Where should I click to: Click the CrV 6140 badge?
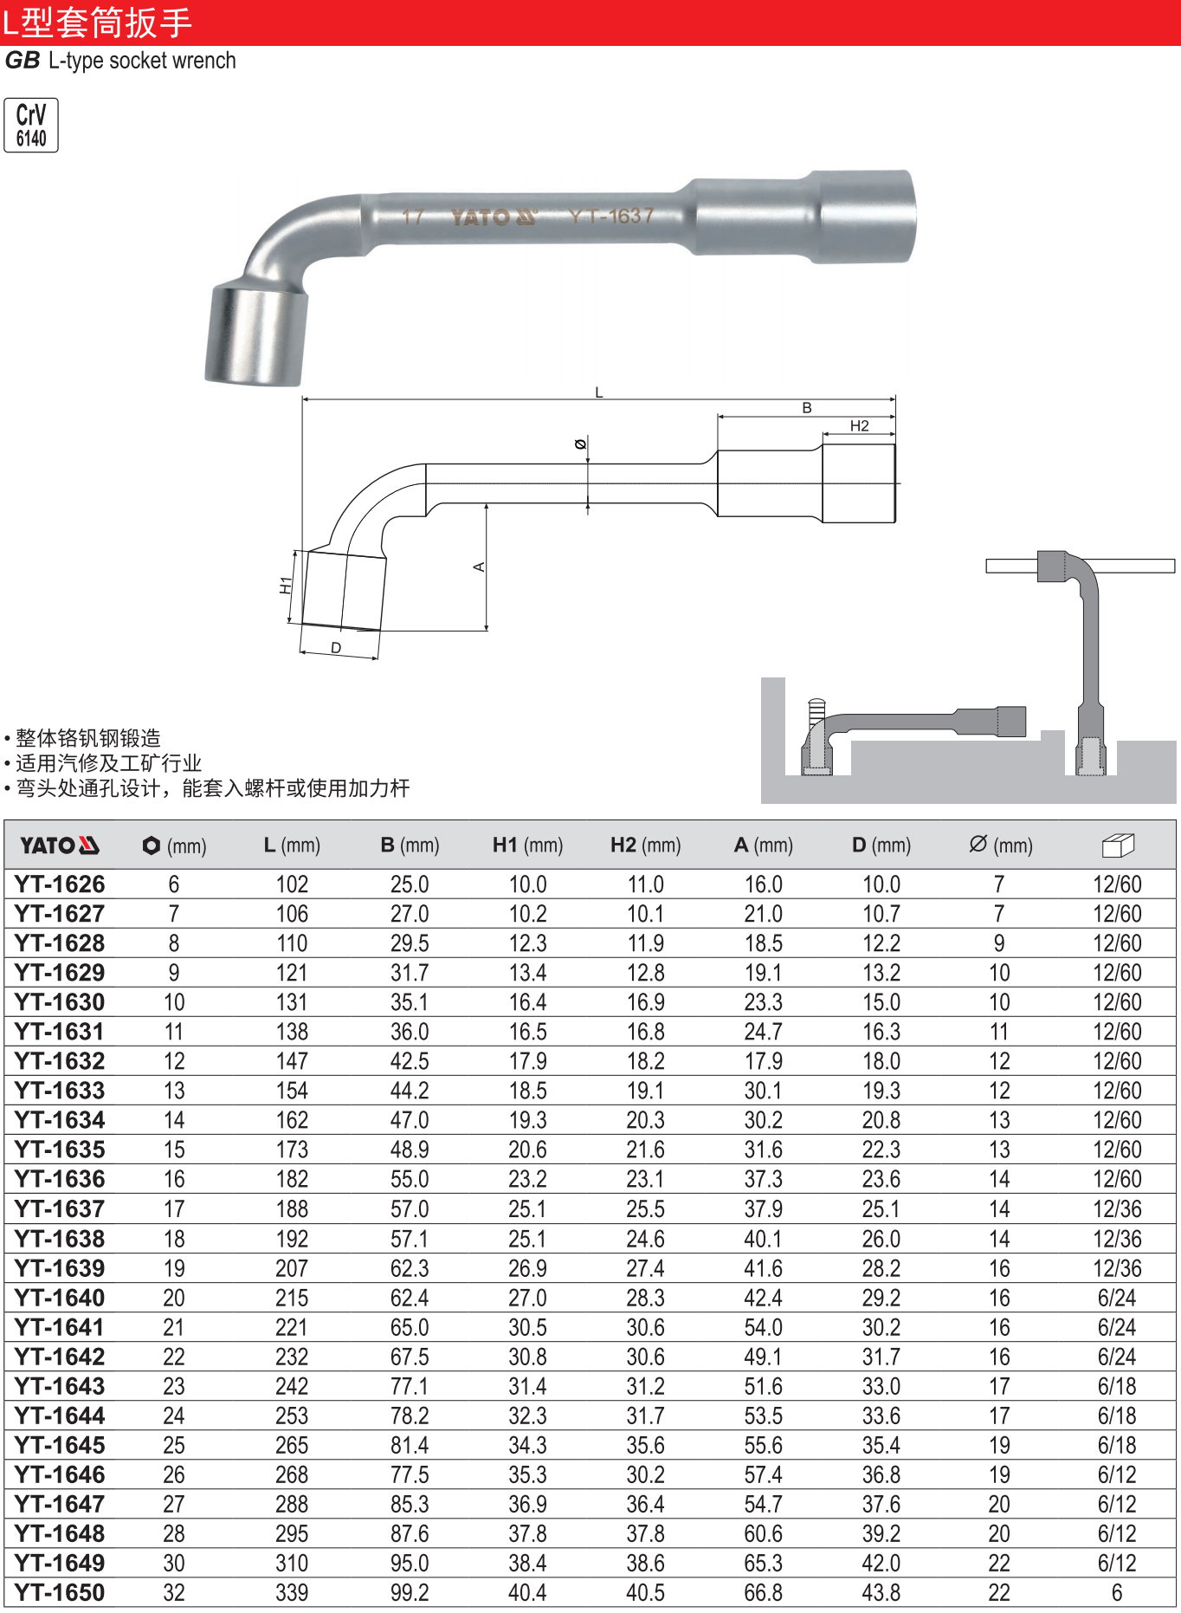(31, 126)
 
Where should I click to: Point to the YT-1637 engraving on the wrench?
(611, 216)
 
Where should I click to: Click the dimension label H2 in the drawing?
(859, 425)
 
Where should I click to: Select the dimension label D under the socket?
(336, 648)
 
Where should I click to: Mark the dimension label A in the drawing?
(479, 567)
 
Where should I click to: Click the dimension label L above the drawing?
(598, 392)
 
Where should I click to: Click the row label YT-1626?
(60, 884)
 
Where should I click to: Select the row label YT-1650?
(60, 1593)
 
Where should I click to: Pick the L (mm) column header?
(292, 845)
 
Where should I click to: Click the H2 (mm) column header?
(645, 845)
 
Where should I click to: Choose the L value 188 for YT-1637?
(292, 1209)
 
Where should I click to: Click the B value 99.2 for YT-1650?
(410, 1593)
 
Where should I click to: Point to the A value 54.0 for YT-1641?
(763, 1327)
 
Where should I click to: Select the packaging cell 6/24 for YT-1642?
(1117, 1357)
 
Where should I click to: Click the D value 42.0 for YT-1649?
(881, 1564)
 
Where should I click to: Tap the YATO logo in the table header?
(60, 845)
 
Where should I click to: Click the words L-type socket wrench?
(142, 61)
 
